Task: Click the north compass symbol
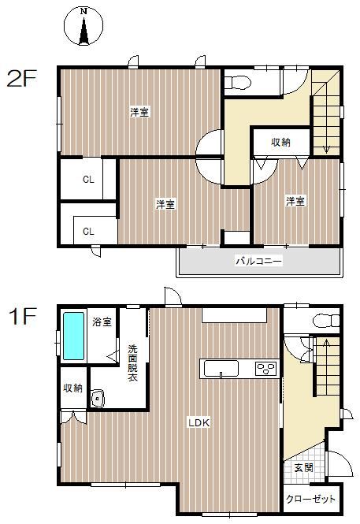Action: (84, 26)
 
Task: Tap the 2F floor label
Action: (22, 78)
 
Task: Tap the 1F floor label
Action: (22, 316)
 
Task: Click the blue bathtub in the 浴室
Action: (73, 336)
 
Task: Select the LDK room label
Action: (199, 422)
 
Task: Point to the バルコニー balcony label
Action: (259, 260)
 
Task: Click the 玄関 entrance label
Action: (304, 468)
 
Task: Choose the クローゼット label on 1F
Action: (310, 499)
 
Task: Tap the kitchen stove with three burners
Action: (266, 369)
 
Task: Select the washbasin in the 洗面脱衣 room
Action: (98, 399)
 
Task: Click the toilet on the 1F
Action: (326, 321)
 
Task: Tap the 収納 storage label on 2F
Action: (280, 142)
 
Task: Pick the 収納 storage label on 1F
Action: (73, 388)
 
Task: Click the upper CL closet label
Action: (88, 180)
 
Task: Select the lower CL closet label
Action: (88, 231)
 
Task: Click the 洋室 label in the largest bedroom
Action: (139, 112)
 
